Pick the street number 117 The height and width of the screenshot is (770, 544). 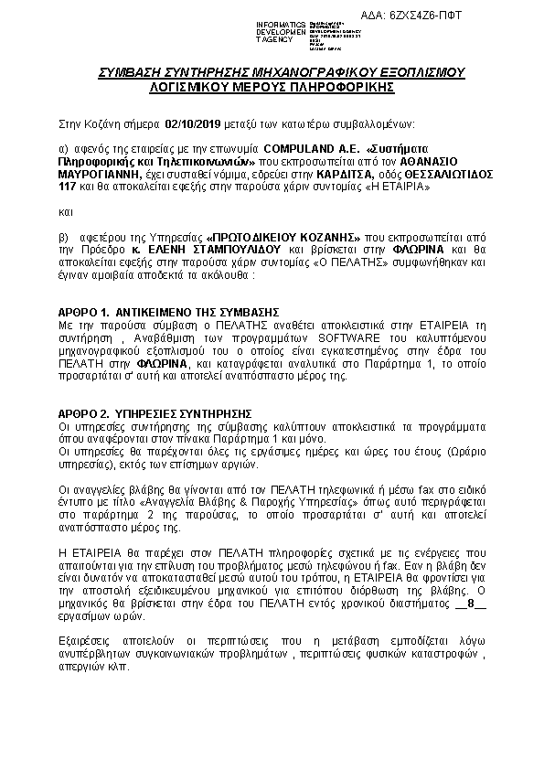pyautogui.click(x=67, y=186)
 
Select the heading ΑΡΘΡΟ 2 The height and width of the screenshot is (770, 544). pyautogui.click(x=84, y=413)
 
